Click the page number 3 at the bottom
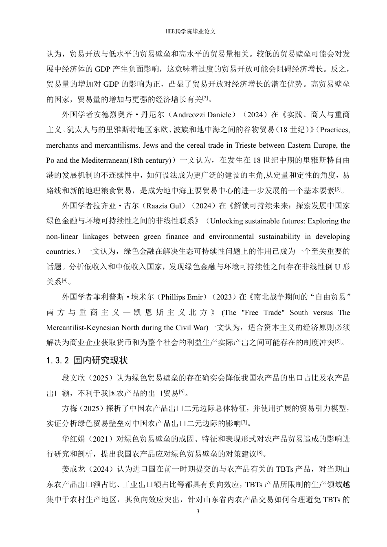click(x=198, y=511)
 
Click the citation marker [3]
click(x=337, y=189)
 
